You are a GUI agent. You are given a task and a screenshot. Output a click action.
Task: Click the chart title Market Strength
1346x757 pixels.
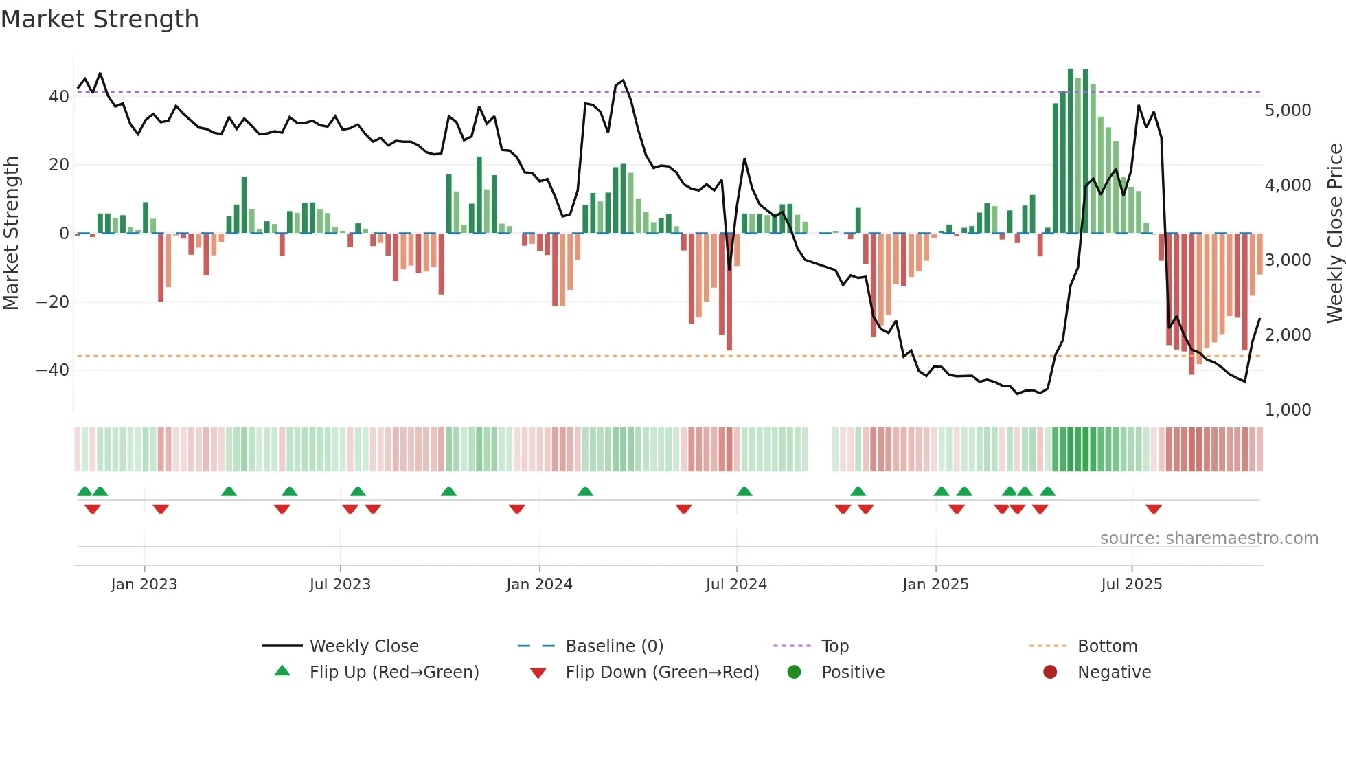tap(100, 19)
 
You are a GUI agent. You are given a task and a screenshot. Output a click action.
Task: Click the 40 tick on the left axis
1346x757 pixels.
tap(59, 97)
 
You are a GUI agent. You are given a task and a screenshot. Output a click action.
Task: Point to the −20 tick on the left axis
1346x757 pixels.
tap(53, 302)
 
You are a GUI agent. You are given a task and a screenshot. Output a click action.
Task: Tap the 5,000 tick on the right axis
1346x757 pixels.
tap(1288, 111)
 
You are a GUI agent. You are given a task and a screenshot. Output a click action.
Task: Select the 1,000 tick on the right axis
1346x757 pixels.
tap(1288, 410)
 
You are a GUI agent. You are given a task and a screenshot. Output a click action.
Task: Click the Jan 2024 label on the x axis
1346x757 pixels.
tap(539, 585)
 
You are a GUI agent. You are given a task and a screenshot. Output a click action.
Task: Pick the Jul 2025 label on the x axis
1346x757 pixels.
tap(1131, 585)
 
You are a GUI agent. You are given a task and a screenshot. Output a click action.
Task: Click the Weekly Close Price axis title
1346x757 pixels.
tap(1334, 234)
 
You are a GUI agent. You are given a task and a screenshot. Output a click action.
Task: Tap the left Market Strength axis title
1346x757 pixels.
tap(11, 234)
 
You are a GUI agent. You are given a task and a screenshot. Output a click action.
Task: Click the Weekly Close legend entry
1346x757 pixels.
tap(364, 646)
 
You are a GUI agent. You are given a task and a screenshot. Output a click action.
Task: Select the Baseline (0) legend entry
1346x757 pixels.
tap(614, 646)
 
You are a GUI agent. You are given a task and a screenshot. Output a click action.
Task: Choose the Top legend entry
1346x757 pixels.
tap(835, 646)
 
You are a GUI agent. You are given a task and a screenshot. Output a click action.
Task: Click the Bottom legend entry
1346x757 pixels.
tap(1107, 646)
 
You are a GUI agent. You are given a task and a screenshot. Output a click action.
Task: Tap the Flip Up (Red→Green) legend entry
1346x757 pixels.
tap(393, 673)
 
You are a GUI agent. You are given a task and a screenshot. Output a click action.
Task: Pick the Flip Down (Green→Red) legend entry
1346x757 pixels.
tap(662, 673)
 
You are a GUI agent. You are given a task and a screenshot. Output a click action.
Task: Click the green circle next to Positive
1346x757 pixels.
tap(794, 673)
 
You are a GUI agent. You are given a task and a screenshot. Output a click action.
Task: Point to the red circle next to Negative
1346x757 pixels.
tap(1050, 673)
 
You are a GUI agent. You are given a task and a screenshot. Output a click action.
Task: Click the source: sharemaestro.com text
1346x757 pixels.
tap(1209, 539)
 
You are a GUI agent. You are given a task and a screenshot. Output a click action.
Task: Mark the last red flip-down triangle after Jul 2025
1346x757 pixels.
tap(1154, 509)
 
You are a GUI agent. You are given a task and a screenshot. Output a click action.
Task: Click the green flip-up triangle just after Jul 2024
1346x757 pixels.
tap(744, 492)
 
